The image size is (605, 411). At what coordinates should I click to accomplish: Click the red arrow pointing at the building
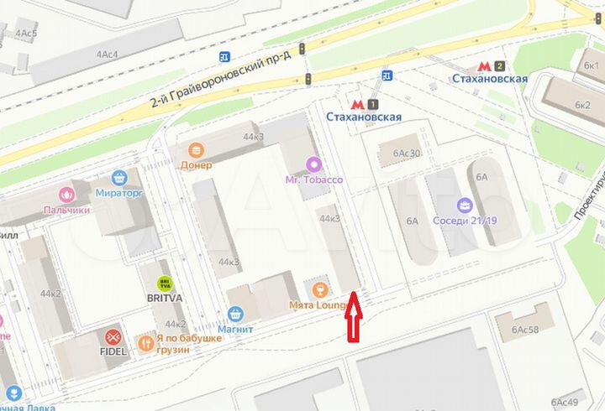(354, 320)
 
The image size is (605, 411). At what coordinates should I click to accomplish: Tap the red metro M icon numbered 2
(484, 65)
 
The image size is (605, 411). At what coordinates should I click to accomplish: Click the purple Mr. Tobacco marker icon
(313, 164)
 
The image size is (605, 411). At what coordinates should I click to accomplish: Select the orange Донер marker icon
(196, 150)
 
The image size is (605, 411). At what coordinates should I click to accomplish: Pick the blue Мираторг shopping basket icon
(120, 178)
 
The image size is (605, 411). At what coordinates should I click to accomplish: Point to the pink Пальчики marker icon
(65, 194)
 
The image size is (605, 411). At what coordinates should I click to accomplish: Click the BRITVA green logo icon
(165, 285)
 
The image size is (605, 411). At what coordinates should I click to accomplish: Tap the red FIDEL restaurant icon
(113, 337)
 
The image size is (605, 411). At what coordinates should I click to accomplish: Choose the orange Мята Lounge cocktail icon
(318, 290)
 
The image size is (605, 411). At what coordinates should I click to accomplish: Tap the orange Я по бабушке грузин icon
(147, 342)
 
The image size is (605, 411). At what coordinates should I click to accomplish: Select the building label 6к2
(582, 105)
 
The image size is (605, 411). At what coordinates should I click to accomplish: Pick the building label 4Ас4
(107, 55)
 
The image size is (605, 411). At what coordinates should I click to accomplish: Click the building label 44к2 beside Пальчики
(50, 294)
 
